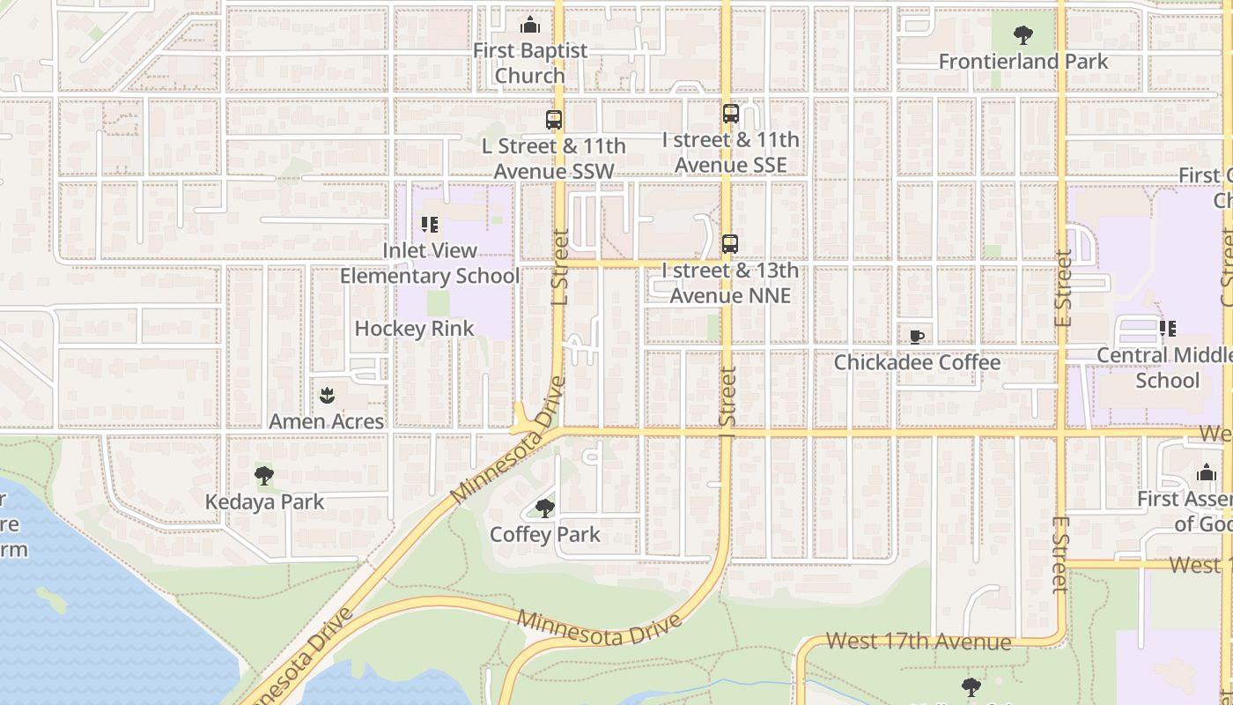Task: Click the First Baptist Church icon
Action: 529,25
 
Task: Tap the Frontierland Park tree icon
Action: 1023,35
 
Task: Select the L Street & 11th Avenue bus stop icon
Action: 554,120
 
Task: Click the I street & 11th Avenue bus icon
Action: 730,114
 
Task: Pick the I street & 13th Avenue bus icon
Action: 730,244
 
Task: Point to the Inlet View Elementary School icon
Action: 430,225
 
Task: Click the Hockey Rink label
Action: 414,329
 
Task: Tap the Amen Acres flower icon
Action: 327,396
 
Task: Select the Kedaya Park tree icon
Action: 263,477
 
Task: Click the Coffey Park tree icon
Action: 545,508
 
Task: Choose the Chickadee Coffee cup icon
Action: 917,337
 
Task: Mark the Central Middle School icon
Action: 1168,329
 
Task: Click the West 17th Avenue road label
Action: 919,642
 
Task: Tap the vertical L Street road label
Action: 560,267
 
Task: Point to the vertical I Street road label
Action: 727,397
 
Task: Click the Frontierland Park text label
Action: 1023,62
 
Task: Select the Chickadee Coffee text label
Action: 917,362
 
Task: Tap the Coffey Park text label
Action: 545,534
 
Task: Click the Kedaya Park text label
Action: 264,502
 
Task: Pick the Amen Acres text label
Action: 326,421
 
